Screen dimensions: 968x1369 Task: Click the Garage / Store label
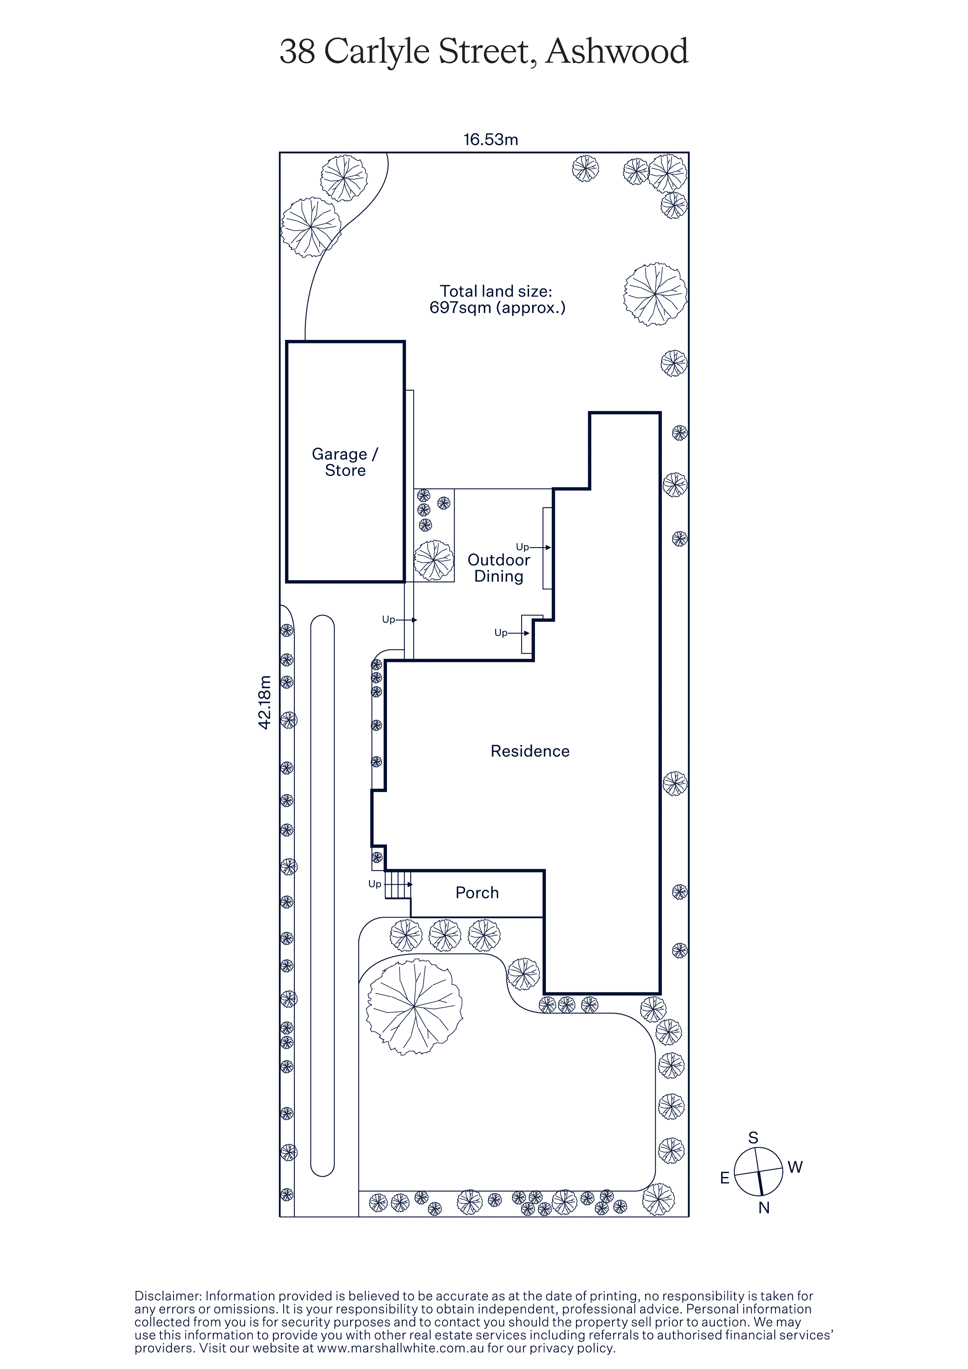pyautogui.click(x=345, y=462)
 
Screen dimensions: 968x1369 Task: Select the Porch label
pyautogui.click(x=477, y=893)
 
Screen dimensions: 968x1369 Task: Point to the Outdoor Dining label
pyautogui.click(x=499, y=568)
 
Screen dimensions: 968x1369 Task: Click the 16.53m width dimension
pyautogui.click(x=491, y=140)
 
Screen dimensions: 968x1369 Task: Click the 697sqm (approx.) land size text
pyautogui.click(x=497, y=308)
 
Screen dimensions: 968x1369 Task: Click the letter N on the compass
pyautogui.click(x=764, y=1207)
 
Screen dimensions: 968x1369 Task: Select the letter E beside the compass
pyautogui.click(x=725, y=1178)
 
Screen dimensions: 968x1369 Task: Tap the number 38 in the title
pyautogui.click(x=297, y=52)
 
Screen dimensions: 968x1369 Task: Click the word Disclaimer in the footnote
pyautogui.click(x=168, y=1296)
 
